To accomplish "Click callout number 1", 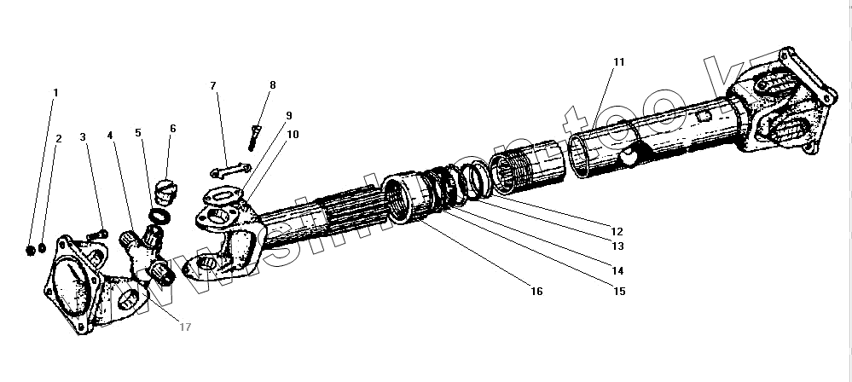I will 56,92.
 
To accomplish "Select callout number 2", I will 59,137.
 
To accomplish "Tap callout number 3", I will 83,137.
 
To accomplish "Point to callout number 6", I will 172,129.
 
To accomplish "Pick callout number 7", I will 213,85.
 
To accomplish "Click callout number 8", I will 273,85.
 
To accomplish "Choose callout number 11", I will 618,62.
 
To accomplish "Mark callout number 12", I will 617,231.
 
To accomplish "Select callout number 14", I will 617,270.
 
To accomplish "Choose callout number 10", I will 293,135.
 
